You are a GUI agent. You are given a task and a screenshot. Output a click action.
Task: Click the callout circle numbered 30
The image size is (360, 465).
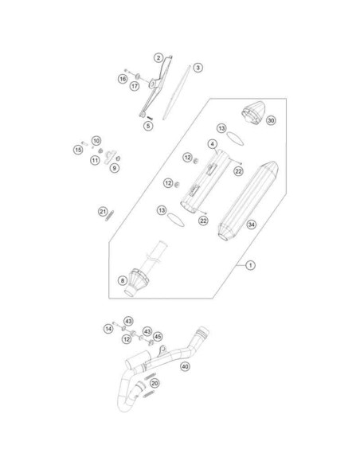(271, 120)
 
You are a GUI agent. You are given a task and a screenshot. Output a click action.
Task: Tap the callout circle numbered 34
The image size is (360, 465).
(251, 225)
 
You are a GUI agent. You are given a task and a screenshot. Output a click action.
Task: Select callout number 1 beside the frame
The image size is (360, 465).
(250, 265)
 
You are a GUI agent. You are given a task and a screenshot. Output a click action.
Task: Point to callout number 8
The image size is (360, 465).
(122, 280)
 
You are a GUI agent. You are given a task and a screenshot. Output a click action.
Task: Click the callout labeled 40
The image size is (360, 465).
(185, 366)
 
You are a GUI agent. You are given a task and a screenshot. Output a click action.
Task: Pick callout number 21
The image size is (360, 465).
(103, 212)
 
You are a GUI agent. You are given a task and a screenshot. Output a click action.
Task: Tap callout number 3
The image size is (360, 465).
(198, 68)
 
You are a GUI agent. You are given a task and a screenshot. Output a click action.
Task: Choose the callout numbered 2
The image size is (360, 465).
(158, 57)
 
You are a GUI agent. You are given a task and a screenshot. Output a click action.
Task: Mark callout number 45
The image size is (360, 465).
(158, 337)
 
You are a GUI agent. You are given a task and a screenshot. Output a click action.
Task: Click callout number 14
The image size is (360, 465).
(108, 329)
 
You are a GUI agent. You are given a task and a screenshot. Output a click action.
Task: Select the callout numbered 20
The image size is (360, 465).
(155, 383)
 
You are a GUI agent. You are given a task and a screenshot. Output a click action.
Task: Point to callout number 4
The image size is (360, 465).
(213, 144)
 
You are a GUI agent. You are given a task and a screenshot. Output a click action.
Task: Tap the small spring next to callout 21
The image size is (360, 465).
(109, 216)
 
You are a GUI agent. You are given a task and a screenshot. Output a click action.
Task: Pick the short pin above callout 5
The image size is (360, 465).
(150, 118)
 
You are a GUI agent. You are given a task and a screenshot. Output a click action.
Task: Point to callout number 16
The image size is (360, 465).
(123, 79)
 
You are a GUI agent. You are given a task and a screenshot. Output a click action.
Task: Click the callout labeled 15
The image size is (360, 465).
(78, 150)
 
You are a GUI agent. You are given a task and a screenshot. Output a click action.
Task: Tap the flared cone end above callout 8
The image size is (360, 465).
(137, 283)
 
